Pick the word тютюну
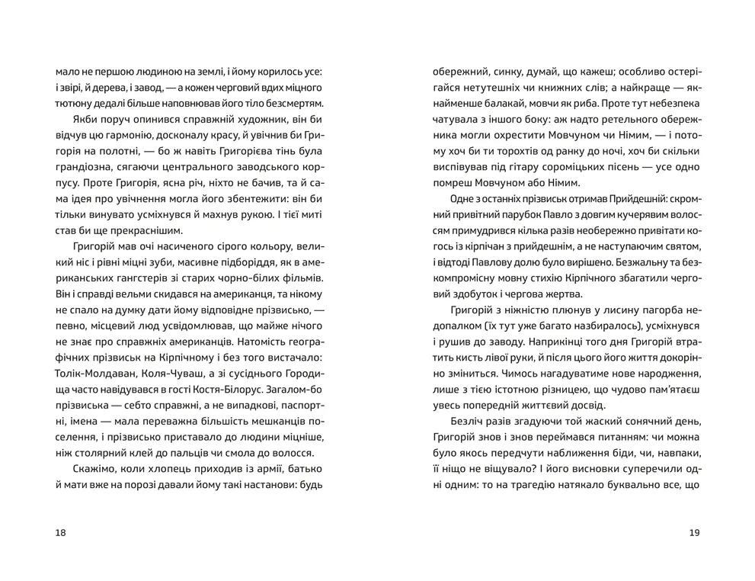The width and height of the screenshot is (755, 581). (x=73, y=101)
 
